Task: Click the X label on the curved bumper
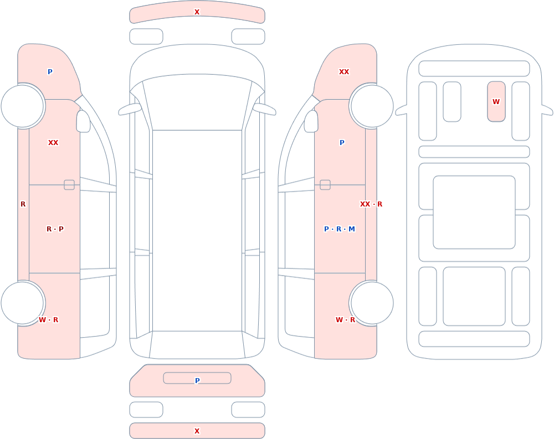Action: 197,12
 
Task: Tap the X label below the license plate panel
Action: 197,431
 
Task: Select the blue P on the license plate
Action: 197,380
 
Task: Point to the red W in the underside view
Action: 496,102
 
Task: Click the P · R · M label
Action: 339,229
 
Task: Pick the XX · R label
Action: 371,204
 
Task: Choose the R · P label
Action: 55,229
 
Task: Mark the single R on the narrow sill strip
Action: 23,204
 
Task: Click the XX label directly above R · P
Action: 53,143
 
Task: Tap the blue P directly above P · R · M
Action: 342,143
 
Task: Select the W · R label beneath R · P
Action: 48,319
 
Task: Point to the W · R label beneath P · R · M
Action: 345,319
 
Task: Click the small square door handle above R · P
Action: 69,185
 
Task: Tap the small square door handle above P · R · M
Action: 325,185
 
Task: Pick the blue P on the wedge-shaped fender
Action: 50,72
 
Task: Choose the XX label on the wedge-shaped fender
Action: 344,72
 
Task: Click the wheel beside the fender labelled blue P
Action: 23,106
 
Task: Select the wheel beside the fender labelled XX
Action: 372,106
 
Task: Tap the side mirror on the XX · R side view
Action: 311,121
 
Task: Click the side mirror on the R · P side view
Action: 83,121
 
